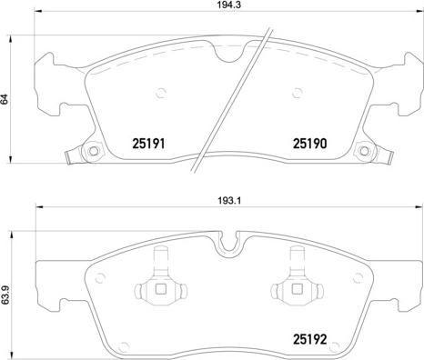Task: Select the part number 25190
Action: click(310, 143)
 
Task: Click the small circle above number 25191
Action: click(161, 91)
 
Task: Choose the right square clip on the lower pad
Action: click(295, 291)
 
